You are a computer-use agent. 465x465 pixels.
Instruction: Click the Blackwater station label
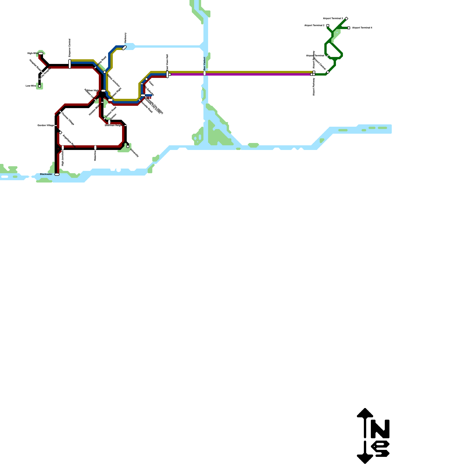(46, 174)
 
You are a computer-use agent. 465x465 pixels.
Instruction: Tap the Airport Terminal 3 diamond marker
(346, 19)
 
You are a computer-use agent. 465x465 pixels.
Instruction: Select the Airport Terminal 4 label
(362, 28)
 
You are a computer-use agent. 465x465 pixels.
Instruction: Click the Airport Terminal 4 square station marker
(349, 28)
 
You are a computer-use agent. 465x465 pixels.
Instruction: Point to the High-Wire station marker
(41, 53)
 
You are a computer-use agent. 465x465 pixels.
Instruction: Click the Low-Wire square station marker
(40, 86)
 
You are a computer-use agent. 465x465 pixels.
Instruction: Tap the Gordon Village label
(46, 125)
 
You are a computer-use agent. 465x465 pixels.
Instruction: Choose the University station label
(135, 153)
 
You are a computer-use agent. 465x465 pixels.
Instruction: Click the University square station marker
(128, 146)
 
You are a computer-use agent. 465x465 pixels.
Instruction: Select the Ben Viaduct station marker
(205, 73)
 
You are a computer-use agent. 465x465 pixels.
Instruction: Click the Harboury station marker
(124, 48)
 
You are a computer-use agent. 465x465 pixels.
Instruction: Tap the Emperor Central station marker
(70, 64)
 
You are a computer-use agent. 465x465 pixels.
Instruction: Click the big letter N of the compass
(380, 429)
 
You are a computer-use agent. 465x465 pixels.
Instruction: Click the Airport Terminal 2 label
(314, 26)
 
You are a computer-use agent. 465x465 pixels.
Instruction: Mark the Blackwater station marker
(57, 174)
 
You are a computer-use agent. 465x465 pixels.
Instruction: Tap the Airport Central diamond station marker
(328, 72)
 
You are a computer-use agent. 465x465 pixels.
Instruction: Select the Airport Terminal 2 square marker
(328, 26)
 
